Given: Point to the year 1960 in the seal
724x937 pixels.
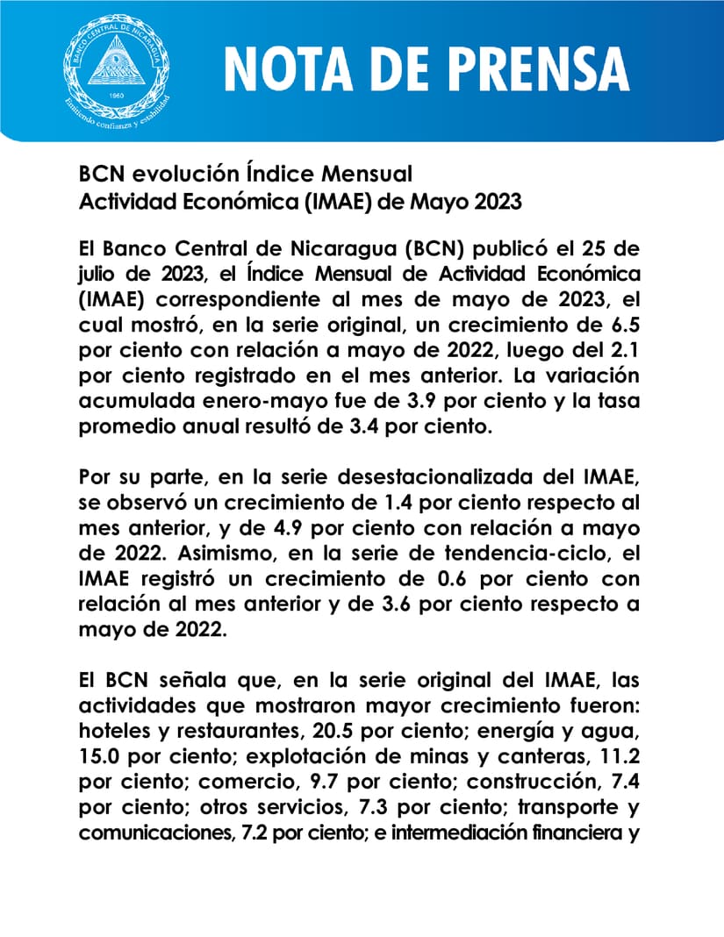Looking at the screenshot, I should tap(112, 93).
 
